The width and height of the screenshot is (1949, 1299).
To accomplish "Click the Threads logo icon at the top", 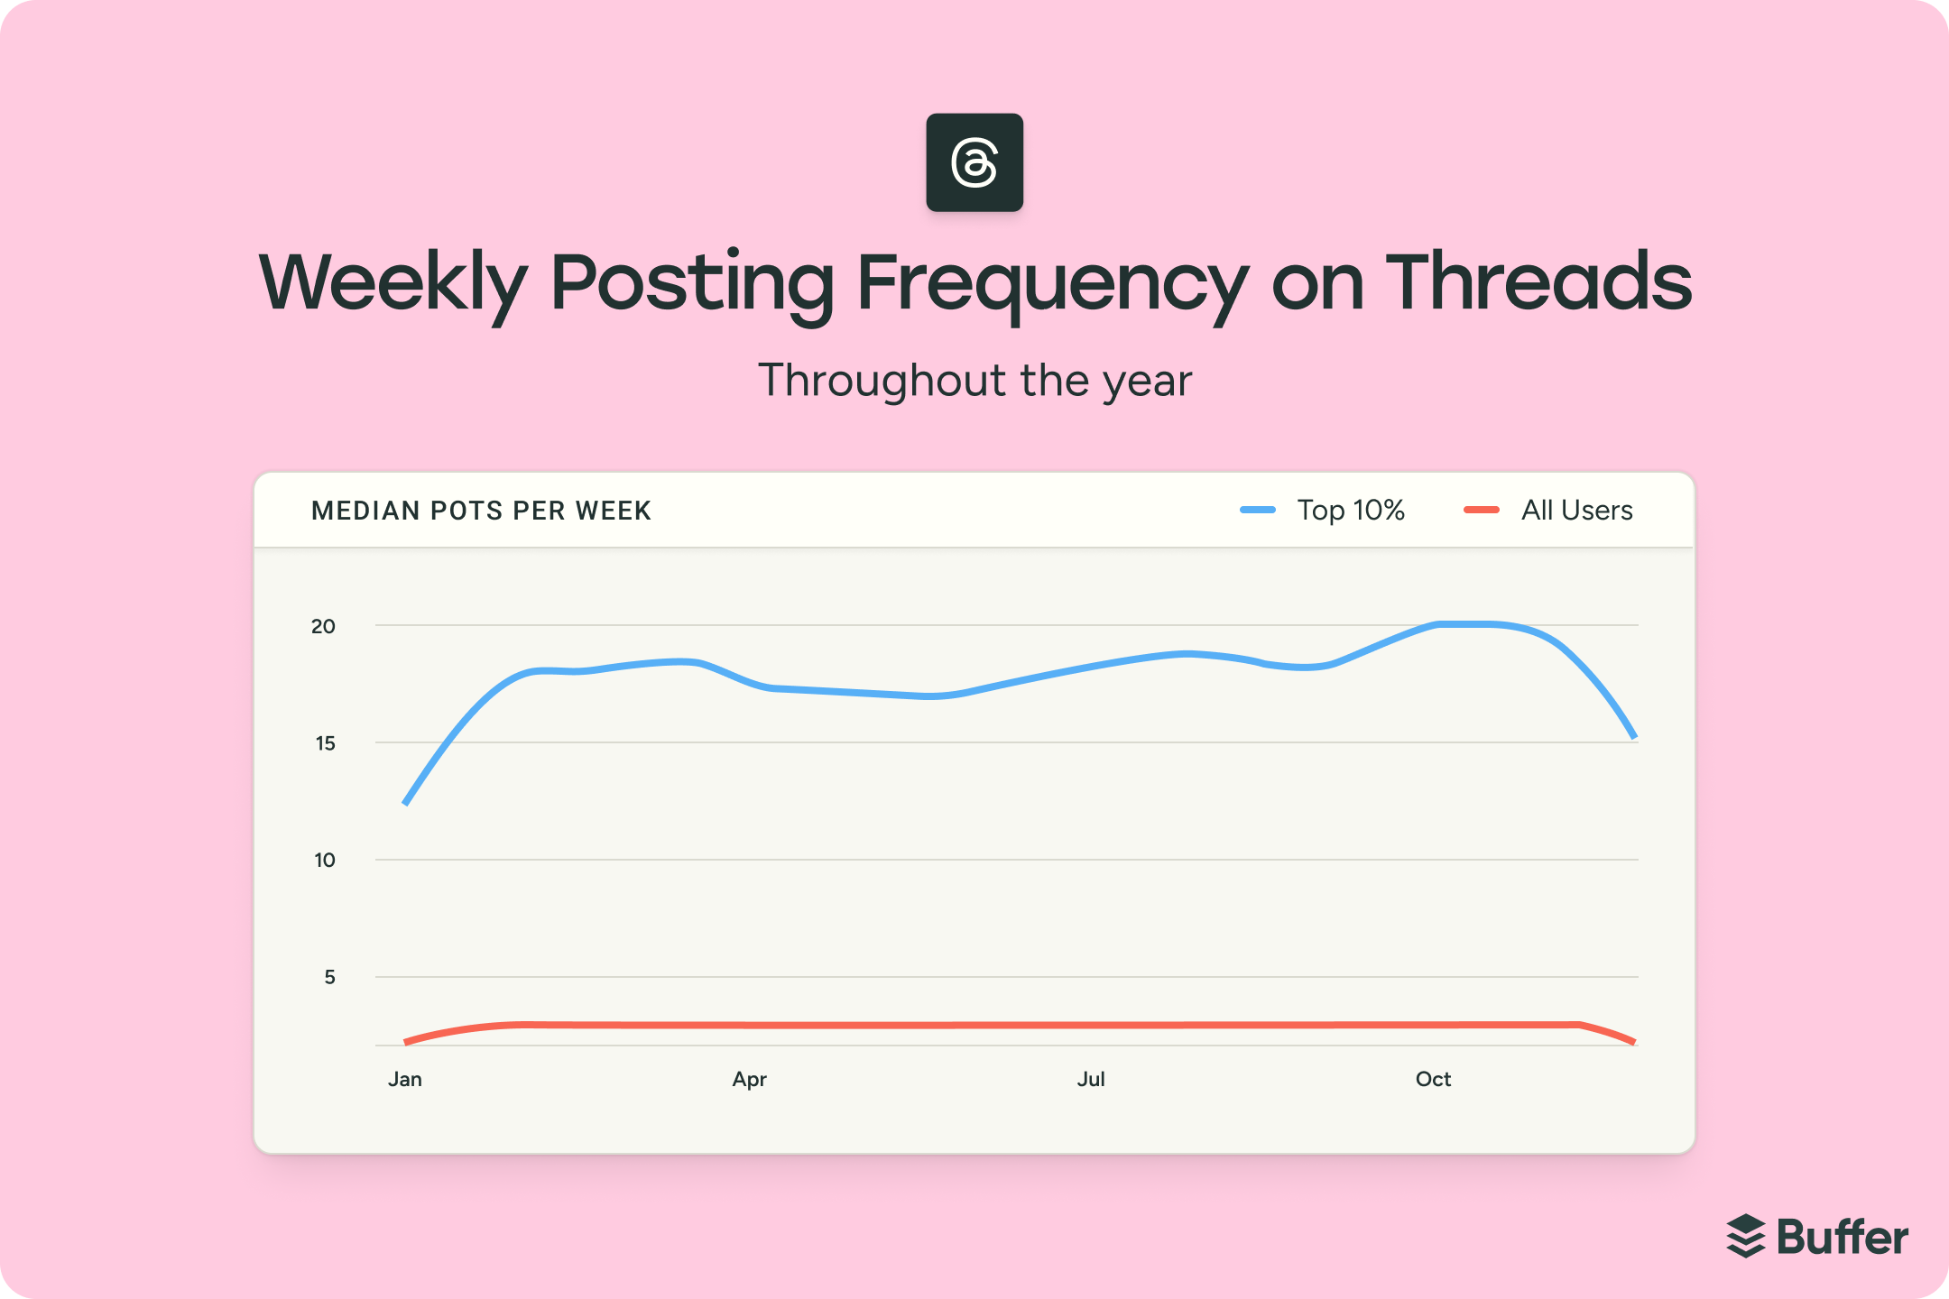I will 974,162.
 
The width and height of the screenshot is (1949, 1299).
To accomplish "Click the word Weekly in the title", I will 393,284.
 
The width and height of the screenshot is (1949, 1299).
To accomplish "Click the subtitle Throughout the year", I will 974,381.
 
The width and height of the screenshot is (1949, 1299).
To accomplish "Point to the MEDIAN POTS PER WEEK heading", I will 481,511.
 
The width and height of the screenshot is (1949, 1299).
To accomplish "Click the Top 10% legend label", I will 1351,511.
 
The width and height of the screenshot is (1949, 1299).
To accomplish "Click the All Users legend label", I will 1576,511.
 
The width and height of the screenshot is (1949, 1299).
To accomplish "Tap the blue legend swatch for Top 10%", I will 1258,511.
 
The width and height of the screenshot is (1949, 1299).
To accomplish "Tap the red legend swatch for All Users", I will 1481,511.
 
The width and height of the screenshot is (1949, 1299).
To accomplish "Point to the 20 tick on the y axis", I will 323,626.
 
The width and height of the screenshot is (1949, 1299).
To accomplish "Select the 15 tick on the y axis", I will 325,743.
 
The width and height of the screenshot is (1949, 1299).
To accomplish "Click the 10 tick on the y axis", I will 325,861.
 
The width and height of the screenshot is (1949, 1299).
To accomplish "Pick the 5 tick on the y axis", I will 329,977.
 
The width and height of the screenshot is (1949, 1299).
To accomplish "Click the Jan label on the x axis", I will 405,1079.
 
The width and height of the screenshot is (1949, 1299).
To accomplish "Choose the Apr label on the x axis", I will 749,1079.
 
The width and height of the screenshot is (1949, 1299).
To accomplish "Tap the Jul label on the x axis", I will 1091,1079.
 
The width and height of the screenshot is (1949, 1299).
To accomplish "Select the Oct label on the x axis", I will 1433,1079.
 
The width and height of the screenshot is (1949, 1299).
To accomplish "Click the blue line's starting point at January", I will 406,802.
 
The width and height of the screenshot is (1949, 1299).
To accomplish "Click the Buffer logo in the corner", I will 1817,1237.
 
